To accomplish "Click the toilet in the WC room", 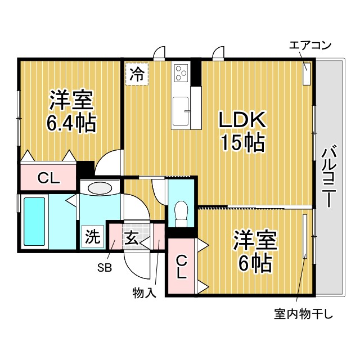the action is coord(181,214).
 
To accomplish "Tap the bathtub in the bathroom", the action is coord(34,222).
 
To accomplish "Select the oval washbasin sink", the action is coord(100,188).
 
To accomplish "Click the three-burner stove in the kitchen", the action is coord(181,73).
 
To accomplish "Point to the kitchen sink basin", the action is coord(181,111).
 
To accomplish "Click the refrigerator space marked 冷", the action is coord(137,74).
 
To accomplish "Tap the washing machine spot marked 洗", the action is coord(93,236).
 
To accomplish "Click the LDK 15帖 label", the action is coord(242,131).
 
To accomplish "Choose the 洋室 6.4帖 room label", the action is coord(71,111).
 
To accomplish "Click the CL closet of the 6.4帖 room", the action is coord(48,177).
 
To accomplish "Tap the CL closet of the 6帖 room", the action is coord(181,267).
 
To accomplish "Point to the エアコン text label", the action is coord(310,46).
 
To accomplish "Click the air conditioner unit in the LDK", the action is coord(307,74).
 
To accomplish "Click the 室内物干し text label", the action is coord(304,314).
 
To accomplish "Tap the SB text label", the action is coord(105,268).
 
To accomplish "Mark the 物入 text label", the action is coord(145,293).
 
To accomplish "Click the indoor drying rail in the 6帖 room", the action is coord(305,236).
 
